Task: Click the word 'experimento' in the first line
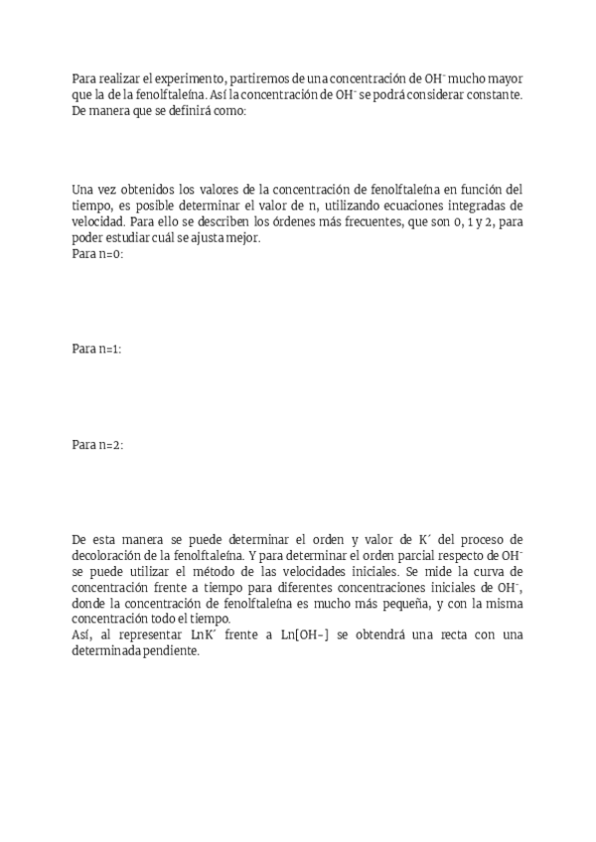[185, 78]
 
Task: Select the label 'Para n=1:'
[97, 350]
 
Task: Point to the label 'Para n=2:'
[97, 446]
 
